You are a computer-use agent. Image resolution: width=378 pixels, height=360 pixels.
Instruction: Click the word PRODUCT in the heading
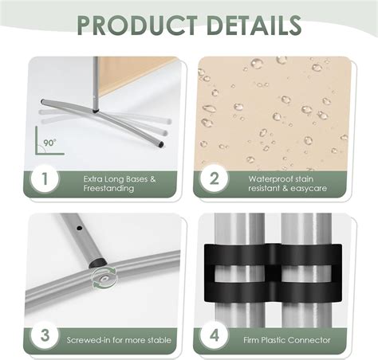click(x=137, y=25)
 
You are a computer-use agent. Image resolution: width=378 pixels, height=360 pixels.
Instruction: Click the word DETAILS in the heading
click(x=254, y=25)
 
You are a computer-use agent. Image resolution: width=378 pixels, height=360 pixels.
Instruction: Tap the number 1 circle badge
click(x=45, y=178)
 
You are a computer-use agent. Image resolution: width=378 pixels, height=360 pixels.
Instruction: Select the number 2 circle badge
click(x=214, y=178)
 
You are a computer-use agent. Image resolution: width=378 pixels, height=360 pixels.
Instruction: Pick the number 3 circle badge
click(x=45, y=335)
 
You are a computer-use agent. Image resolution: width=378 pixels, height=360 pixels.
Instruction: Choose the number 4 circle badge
click(x=214, y=335)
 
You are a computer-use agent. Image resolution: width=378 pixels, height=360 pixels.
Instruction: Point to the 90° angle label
click(x=50, y=143)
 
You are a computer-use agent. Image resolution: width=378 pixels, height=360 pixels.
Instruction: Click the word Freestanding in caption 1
click(x=108, y=188)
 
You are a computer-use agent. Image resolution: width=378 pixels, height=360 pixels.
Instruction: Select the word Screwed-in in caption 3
click(x=89, y=340)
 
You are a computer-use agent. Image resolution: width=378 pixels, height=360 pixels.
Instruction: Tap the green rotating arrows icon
click(x=104, y=278)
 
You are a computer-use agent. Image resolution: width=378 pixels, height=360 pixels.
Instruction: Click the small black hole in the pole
click(x=79, y=228)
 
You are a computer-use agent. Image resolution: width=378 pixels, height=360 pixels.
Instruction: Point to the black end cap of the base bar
click(x=160, y=144)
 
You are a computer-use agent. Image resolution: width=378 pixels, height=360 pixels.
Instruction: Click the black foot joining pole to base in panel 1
click(x=96, y=110)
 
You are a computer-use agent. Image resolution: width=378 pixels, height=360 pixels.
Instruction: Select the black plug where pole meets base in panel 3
click(x=97, y=263)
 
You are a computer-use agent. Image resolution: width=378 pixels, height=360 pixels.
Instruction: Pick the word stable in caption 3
click(x=159, y=340)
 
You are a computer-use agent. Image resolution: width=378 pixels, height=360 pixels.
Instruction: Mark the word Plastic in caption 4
click(x=273, y=340)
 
